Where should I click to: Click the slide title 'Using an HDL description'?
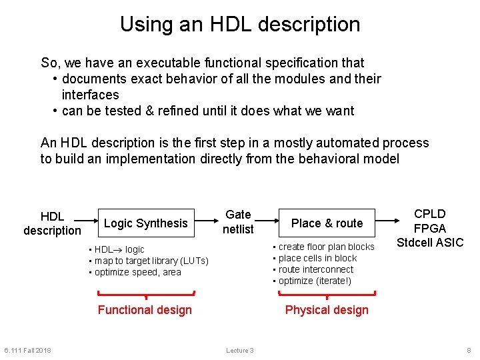(240, 25)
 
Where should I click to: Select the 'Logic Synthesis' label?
(146, 223)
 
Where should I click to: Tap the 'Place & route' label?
(327, 223)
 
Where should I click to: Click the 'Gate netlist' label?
(238, 222)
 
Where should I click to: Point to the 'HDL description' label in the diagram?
(52, 223)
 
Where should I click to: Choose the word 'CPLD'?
(430, 214)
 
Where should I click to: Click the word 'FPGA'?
(430, 228)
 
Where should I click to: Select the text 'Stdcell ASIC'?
(430, 242)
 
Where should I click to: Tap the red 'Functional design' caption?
(145, 310)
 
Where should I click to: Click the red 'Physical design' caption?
(327, 310)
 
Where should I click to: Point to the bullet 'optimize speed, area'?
(137, 272)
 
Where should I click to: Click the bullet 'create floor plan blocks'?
(326, 247)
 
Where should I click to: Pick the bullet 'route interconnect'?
(315, 269)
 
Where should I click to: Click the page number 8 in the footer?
(469, 351)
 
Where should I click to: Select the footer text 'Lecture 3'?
(240, 351)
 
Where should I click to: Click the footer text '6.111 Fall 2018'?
(27, 351)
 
